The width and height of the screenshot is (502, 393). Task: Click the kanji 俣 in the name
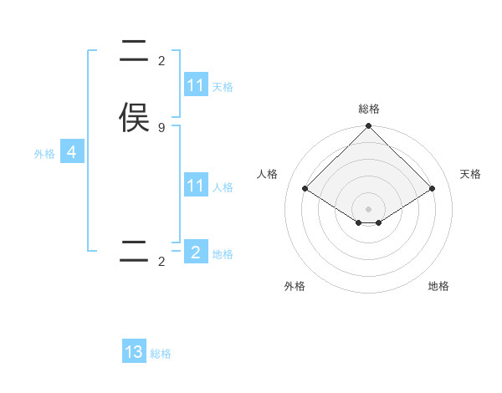pyautogui.click(x=134, y=117)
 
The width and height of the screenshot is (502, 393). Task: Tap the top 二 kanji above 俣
pyautogui.click(x=134, y=49)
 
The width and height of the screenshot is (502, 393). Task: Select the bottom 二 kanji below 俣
pyautogui.click(x=134, y=252)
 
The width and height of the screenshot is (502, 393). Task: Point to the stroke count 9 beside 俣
pyautogui.click(x=161, y=128)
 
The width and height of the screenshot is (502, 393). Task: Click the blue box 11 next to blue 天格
pyautogui.click(x=196, y=85)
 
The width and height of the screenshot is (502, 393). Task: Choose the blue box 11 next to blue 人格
pyautogui.click(x=196, y=186)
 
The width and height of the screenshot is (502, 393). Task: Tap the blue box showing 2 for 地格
pyautogui.click(x=196, y=253)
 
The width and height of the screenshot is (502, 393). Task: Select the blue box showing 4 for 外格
pyautogui.click(x=72, y=152)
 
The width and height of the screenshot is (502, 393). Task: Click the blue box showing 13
pyautogui.click(x=134, y=352)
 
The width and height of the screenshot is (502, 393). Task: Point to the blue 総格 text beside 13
pyautogui.click(x=161, y=354)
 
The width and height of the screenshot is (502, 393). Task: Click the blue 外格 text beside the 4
pyautogui.click(x=44, y=154)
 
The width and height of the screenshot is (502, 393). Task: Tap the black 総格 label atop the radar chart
pyautogui.click(x=369, y=109)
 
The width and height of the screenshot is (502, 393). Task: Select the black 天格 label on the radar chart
pyautogui.click(x=471, y=174)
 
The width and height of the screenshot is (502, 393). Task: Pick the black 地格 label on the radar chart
pyautogui.click(x=438, y=286)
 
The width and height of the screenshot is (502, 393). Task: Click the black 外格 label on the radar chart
pyautogui.click(x=295, y=286)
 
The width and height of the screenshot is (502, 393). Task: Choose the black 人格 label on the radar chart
pyautogui.click(x=268, y=174)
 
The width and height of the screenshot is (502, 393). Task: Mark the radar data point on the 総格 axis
pyautogui.click(x=369, y=127)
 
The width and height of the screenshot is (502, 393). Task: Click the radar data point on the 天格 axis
pyautogui.click(x=433, y=188)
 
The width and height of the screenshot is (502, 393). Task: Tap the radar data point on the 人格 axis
pyautogui.click(x=305, y=188)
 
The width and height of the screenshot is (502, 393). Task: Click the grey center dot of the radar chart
pyautogui.click(x=369, y=208)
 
